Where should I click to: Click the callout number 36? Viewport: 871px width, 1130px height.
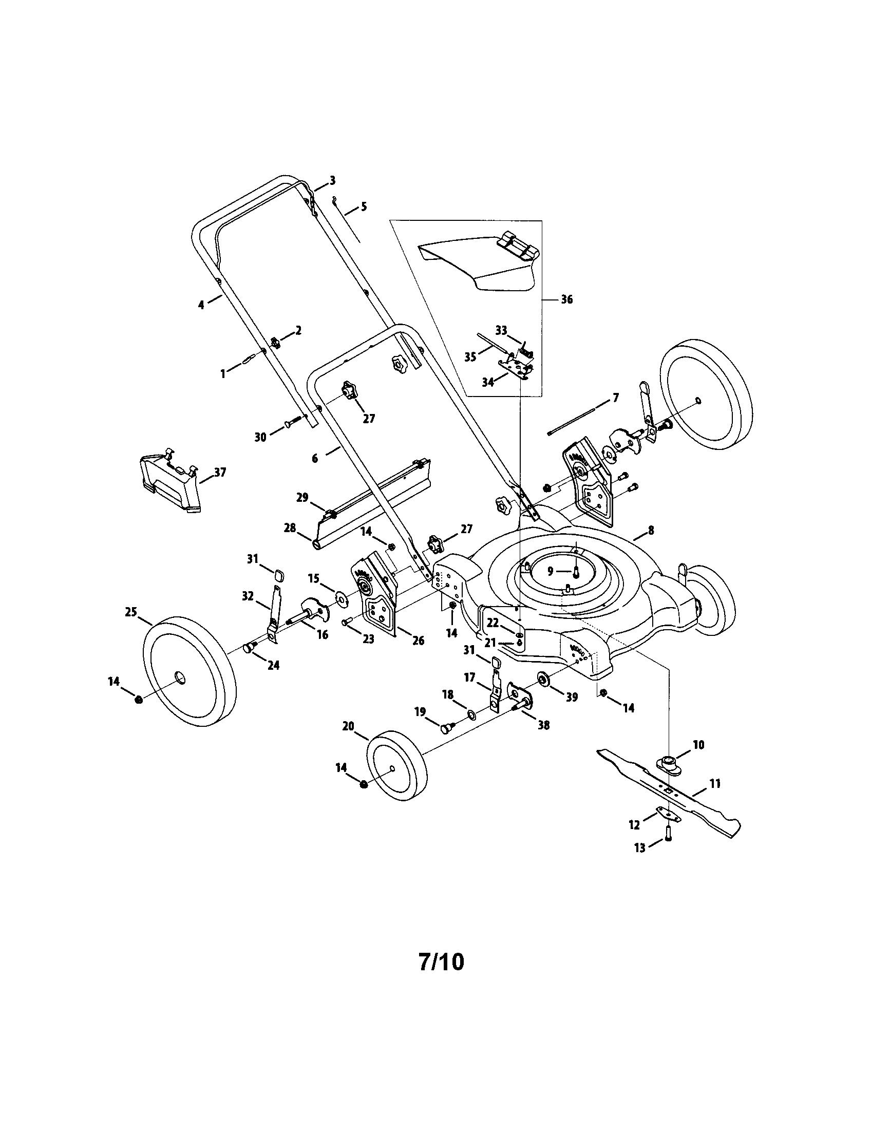[566, 299]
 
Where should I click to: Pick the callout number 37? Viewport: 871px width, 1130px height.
[220, 472]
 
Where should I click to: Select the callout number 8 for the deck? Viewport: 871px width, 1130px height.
[651, 530]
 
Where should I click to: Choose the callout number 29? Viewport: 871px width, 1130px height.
[302, 498]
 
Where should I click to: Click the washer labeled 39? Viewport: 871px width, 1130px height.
[544, 679]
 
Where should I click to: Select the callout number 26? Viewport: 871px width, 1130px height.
[418, 641]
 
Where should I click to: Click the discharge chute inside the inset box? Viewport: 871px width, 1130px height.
[476, 267]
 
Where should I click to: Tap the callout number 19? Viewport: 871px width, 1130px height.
[420, 712]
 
